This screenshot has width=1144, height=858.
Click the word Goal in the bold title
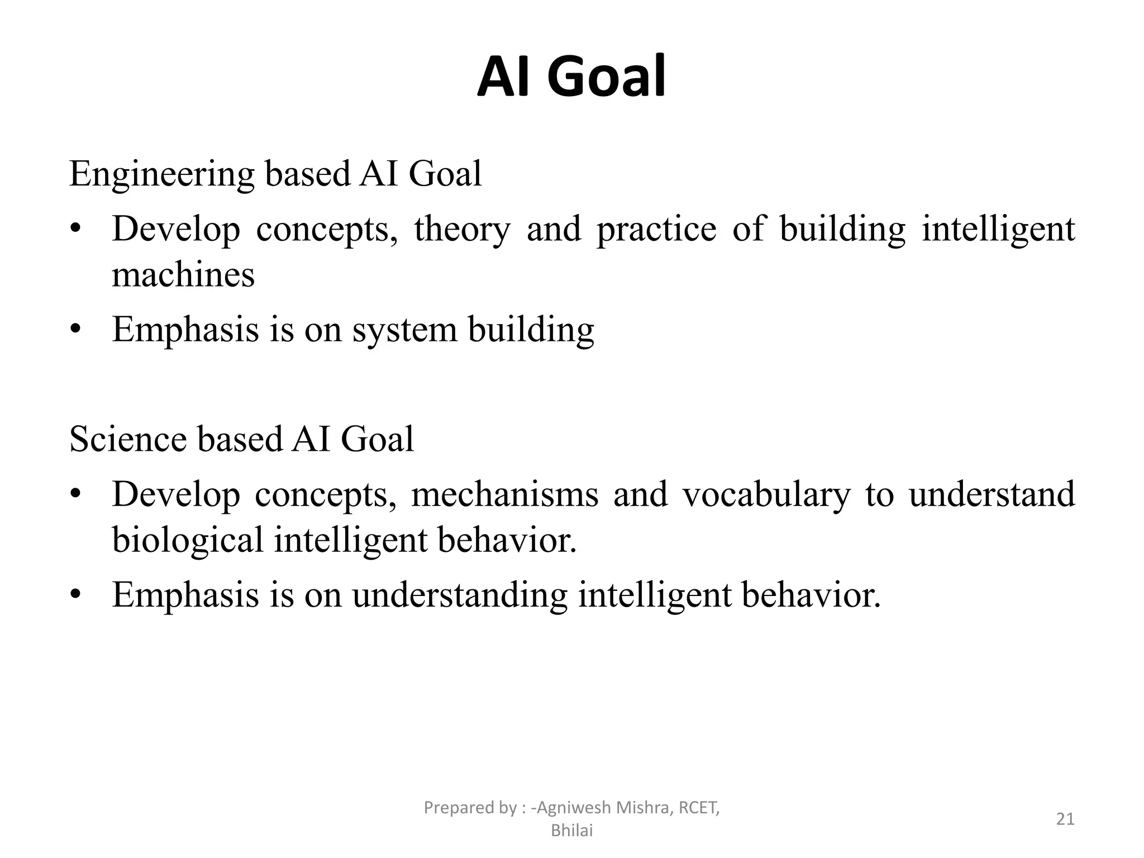pyautogui.click(x=606, y=77)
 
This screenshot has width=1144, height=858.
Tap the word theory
pyautogui.click(x=462, y=230)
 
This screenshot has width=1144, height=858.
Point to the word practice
pyautogui.click(x=656, y=230)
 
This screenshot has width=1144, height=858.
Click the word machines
pyautogui.click(x=183, y=275)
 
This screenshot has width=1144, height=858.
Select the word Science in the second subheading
pyautogui.click(x=128, y=439)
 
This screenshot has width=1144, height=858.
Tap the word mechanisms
pyautogui.click(x=504, y=495)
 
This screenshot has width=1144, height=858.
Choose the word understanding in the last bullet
pyautogui.click(x=460, y=595)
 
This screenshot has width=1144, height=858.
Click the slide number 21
pyautogui.click(x=1065, y=819)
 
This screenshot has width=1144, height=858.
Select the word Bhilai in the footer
pyautogui.click(x=571, y=831)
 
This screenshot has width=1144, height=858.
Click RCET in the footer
pyautogui.click(x=698, y=808)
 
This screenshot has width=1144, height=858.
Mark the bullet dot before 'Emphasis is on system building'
pyautogui.click(x=77, y=330)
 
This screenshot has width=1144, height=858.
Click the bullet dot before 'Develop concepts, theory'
pyautogui.click(x=77, y=230)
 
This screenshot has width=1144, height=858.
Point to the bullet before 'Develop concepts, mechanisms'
pyautogui.click(x=77, y=495)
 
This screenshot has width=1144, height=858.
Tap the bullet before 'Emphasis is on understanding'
pyautogui.click(x=77, y=595)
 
